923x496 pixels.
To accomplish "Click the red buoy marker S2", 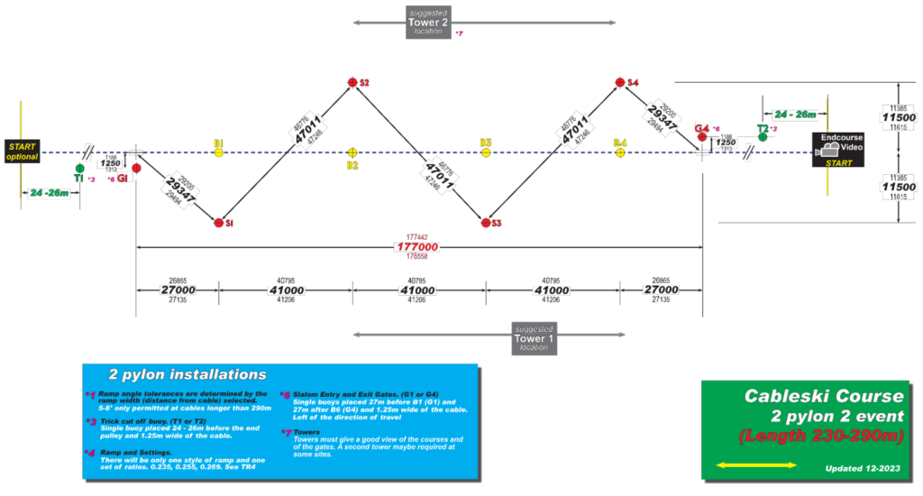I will (x=352, y=83).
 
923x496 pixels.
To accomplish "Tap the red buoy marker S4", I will (x=620, y=83).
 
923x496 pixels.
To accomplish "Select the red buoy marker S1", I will (x=218, y=222).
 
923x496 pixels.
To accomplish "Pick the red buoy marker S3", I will (x=486, y=222).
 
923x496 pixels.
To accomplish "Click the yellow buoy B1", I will (x=219, y=152).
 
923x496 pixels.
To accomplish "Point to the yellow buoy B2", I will (x=352, y=152).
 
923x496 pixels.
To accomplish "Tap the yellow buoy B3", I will (x=486, y=152).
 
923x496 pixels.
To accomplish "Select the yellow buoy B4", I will (x=620, y=152).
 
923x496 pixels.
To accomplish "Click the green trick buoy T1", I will (x=80, y=168).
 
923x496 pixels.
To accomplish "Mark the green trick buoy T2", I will (x=763, y=138).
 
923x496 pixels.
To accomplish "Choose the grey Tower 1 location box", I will (x=535, y=338).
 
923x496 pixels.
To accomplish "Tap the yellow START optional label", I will (x=23, y=151).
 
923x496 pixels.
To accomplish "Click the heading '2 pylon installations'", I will (x=187, y=374).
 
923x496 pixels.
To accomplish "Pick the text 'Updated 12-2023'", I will (x=860, y=469).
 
